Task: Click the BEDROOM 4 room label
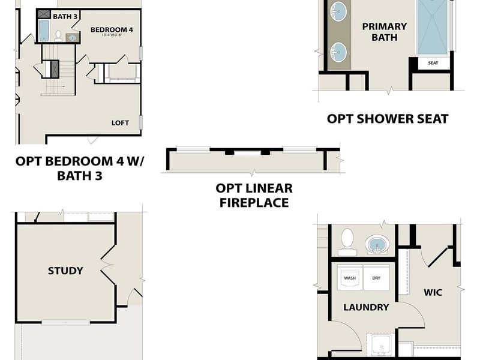(112, 29)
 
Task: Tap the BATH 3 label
(65, 16)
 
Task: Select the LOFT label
(120, 122)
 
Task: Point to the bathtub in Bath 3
(44, 31)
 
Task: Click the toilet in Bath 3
(58, 36)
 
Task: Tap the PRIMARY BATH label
(385, 32)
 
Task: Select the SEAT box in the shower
(432, 63)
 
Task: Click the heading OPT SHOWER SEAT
(387, 119)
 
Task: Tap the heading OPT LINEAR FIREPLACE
(254, 196)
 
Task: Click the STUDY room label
(65, 271)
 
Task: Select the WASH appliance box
(350, 278)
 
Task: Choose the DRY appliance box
(376, 278)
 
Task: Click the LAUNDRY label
(366, 307)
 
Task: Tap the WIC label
(433, 293)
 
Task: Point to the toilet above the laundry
(347, 241)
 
